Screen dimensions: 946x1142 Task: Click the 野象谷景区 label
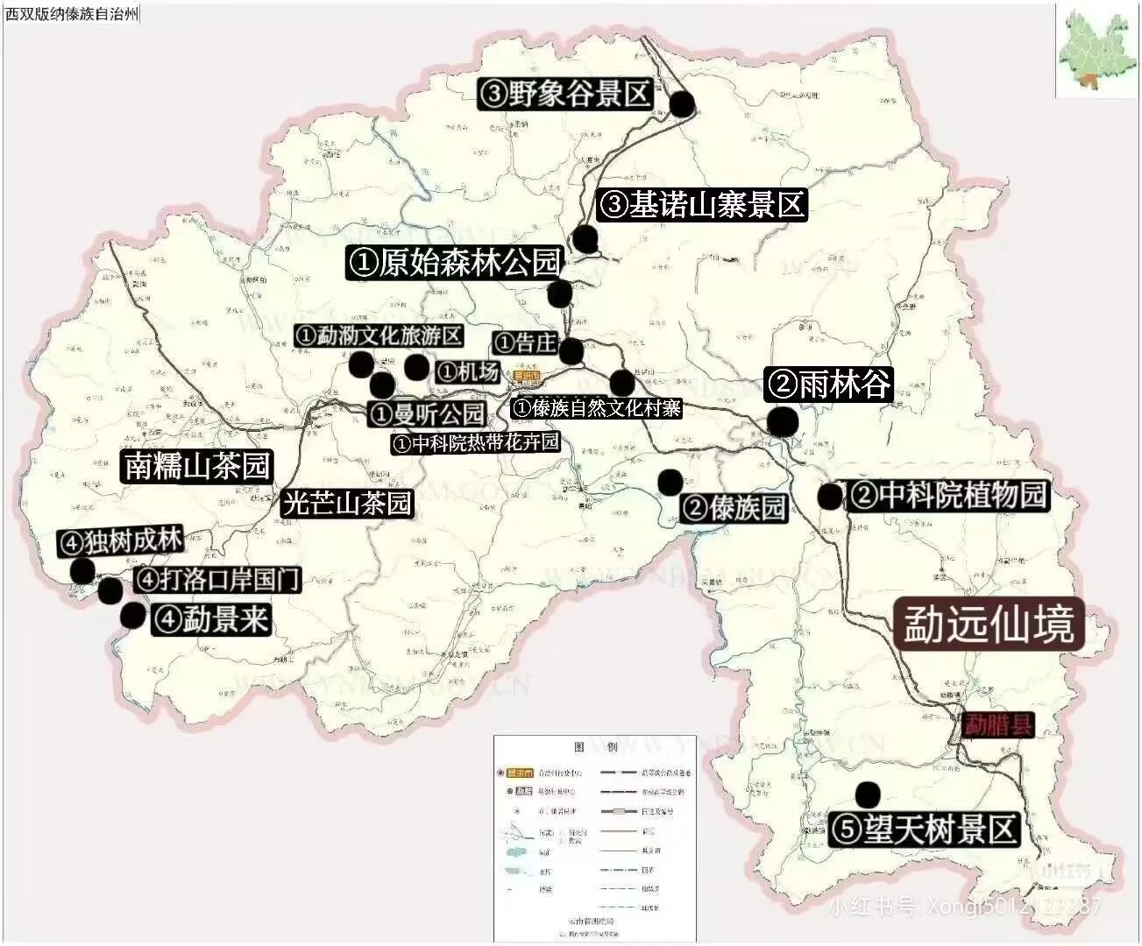point(565,93)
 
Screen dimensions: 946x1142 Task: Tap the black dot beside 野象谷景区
point(682,103)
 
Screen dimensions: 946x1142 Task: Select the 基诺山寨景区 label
point(701,205)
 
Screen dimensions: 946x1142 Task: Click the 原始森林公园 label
point(453,263)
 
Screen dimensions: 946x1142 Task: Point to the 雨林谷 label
point(828,384)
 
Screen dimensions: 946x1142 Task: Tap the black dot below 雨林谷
point(783,421)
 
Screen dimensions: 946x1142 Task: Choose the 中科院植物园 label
point(947,495)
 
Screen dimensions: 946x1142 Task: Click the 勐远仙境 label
point(989,625)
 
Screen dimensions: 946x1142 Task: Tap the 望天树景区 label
point(924,830)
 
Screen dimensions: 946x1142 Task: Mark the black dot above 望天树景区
point(868,794)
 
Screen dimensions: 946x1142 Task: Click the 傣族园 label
point(734,507)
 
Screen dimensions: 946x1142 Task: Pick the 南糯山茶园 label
point(197,465)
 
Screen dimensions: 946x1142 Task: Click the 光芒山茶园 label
point(347,503)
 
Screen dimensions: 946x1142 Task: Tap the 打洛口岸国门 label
point(217,579)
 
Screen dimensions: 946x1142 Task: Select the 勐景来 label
point(210,619)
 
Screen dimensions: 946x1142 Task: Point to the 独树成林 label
point(120,541)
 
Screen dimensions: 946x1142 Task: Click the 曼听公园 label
point(427,413)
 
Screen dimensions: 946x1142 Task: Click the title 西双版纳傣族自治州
point(71,15)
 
